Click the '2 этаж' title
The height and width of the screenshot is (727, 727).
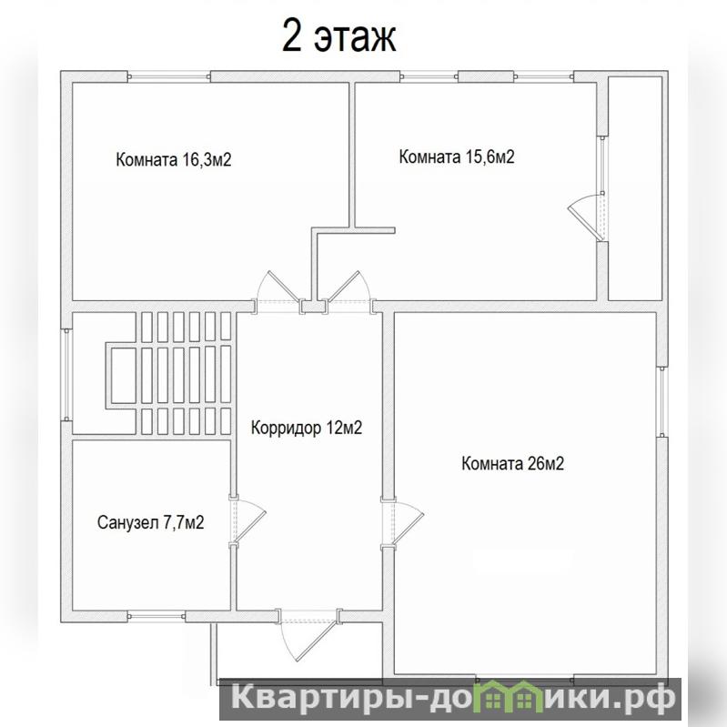click(338, 37)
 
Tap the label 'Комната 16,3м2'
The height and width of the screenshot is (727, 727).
click(174, 159)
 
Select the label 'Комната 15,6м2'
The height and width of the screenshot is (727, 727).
click(457, 157)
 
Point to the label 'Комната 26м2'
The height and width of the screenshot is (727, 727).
click(513, 464)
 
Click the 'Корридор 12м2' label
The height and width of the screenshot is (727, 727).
click(307, 428)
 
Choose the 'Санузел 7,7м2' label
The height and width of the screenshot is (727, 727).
click(151, 522)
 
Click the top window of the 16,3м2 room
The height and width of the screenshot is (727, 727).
click(168, 76)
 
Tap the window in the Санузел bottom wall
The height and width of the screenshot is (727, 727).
click(157, 616)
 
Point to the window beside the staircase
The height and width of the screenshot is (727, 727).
click(66, 375)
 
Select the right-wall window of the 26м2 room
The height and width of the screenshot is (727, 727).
click(662, 401)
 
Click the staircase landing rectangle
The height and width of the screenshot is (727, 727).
click(124, 376)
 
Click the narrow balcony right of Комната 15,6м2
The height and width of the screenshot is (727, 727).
click(635, 188)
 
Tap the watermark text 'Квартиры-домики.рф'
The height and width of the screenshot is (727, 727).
click(451, 697)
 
